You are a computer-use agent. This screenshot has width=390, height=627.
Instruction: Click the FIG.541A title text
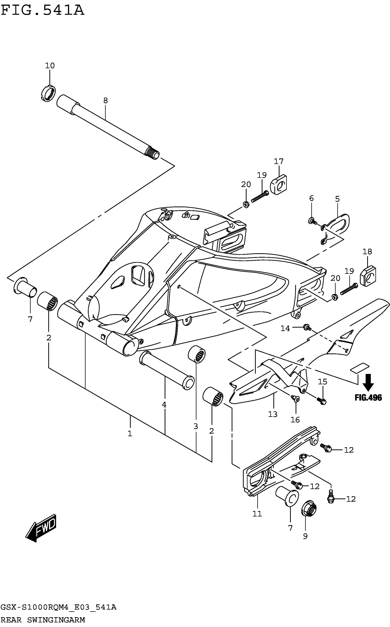pyautogui.click(x=43, y=11)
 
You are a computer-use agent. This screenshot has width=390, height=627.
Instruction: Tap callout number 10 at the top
pyautogui.click(x=50, y=66)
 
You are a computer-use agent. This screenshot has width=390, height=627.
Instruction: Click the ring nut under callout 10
pyautogui.click(x=48, y=93)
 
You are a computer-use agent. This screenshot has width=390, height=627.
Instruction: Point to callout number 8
pyautogui.click(x=106, y=101)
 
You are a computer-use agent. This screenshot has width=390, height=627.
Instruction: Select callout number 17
pyautogui.click(x=279, y=162)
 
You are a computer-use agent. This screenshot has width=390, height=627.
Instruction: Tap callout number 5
pyautogui.click(x=337, y=199)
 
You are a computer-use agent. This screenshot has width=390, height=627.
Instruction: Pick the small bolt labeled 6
pyautogui.click(x=312, y=221)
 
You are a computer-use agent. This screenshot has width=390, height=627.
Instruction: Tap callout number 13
pyautogui.click(x=273, y=414)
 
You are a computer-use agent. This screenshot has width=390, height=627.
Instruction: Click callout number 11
pyautogui.click(x=257, y=514)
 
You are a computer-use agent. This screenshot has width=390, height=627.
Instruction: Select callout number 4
pyautogui.click(x=164, y=405)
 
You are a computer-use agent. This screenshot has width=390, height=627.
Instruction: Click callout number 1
pyautogui.click(x=130, y=434)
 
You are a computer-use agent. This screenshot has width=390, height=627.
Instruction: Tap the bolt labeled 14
pyautogui.click(x=307, y=327)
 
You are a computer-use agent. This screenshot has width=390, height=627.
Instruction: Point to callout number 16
pyautogui.click(x=295, y=420)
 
